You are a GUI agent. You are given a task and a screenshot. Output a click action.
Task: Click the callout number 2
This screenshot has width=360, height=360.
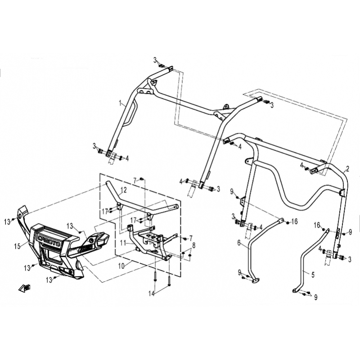click(x=347, y=169)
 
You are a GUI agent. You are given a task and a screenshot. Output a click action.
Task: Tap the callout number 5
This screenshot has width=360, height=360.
click(x=313, y=274)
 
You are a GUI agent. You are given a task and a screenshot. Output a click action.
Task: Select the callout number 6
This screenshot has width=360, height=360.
click(x=239, y=243)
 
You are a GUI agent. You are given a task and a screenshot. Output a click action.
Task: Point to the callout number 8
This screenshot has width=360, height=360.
click(x=194, y=245)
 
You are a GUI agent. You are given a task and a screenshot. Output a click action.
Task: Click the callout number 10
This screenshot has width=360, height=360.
click(x=121, y=266)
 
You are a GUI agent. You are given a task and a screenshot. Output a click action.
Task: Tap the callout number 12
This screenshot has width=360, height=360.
click(x=123, y=190)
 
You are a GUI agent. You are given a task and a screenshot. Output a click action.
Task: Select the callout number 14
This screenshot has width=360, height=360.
click(x=152, y=293)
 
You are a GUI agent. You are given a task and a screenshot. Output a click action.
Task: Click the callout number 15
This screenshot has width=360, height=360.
click(x=17, y=247)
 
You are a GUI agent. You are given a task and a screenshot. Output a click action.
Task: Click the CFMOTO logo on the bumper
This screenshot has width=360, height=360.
click(x=49, y=240)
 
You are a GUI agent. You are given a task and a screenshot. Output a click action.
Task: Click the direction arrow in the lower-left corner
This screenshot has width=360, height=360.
click(x=25, y=288)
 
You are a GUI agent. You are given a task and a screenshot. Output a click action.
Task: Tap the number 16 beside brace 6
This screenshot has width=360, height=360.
click(x=295, y=221)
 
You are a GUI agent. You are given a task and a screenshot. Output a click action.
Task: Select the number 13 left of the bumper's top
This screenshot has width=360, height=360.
click(x=8, y=222)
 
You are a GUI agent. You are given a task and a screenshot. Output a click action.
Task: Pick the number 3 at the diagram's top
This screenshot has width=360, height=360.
click(x=155, y=60)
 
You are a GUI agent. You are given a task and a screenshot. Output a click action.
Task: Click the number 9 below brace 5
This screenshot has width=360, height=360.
click(x=316, y=297)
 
